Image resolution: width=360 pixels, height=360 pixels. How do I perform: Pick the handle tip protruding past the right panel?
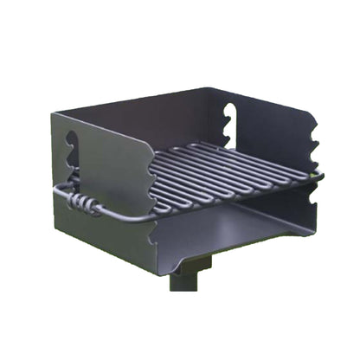coord(318,178)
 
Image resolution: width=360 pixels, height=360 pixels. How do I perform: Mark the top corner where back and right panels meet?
coord(214,87)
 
